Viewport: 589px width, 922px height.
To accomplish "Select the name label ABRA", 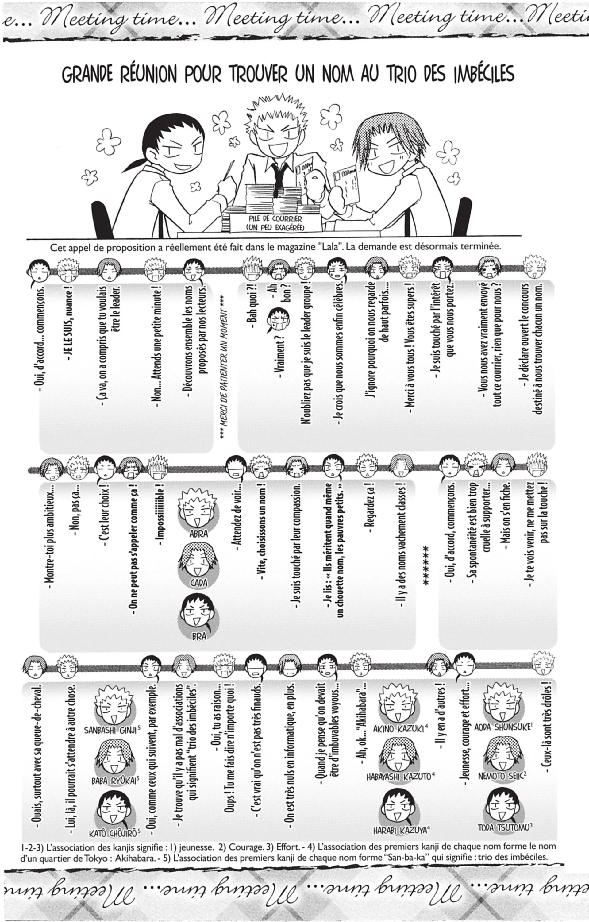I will (198, 533).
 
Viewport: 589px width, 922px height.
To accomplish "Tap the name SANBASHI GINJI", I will (110, 730).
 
